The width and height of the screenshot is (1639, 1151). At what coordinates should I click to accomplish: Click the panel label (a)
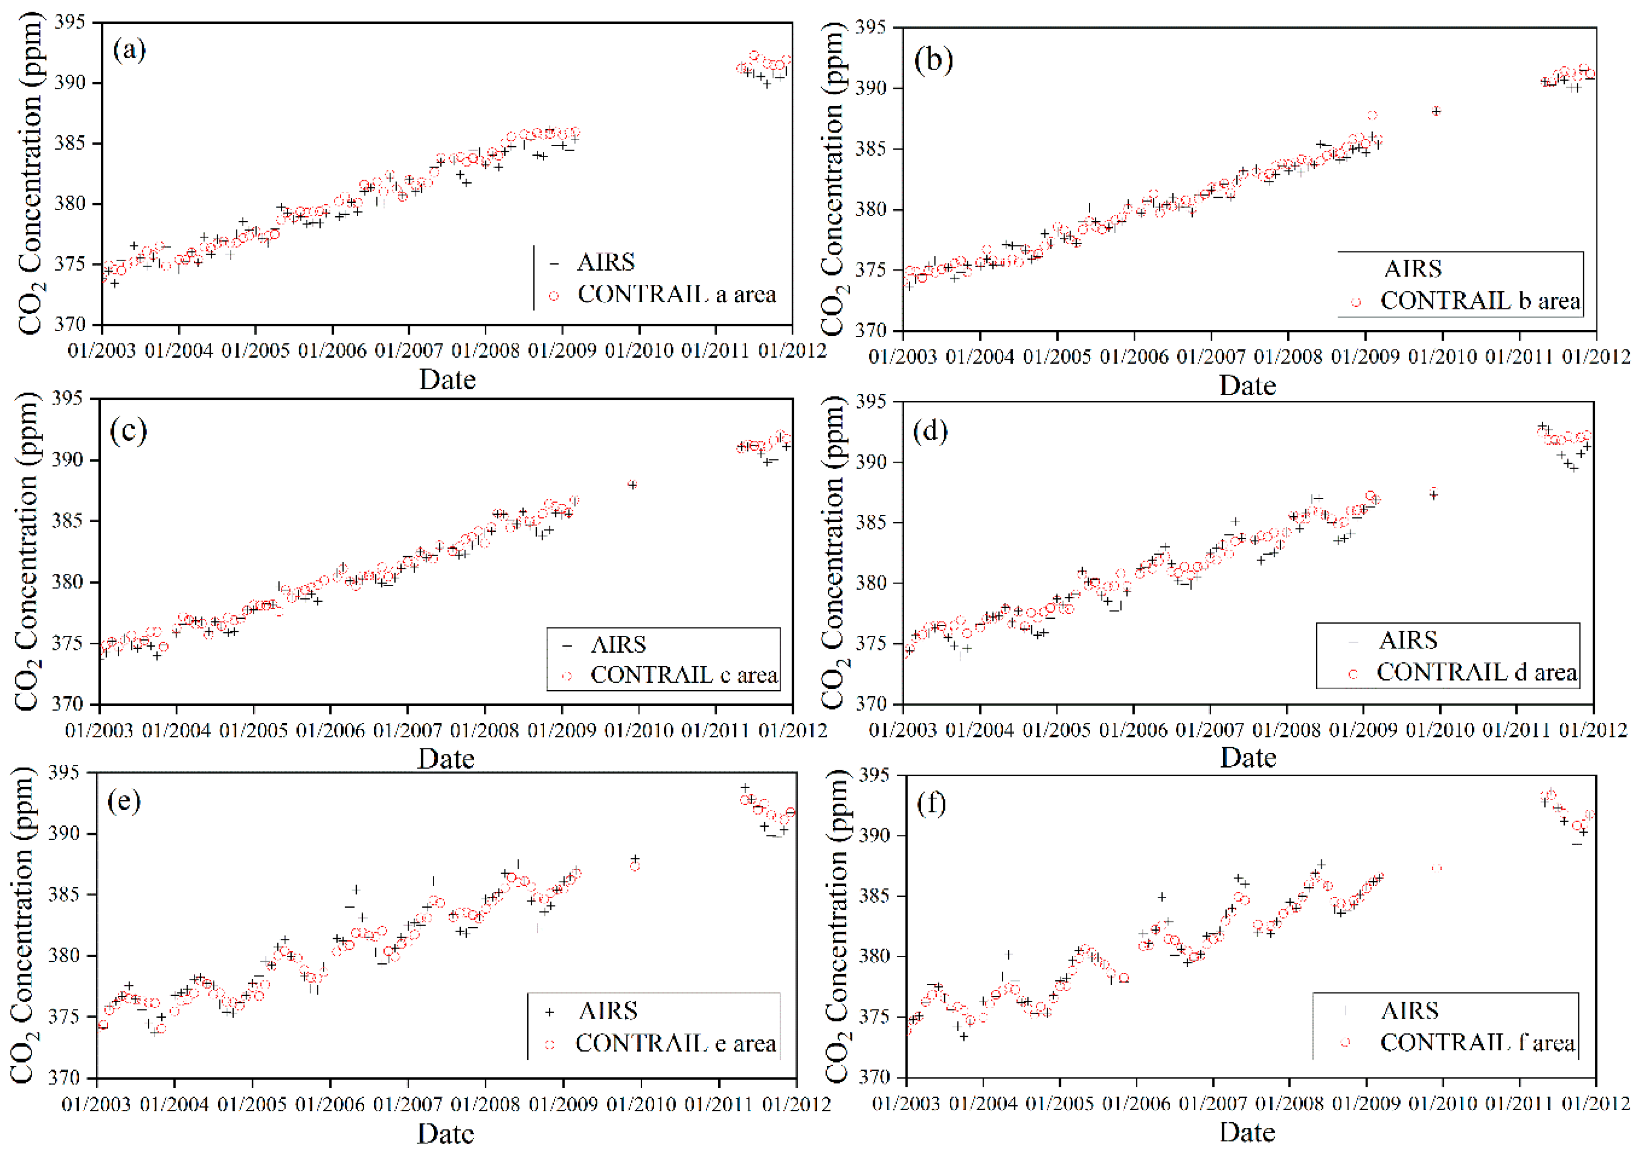(x=129, y=50)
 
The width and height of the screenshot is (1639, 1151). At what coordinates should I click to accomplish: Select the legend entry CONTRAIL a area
(x=675, y=294)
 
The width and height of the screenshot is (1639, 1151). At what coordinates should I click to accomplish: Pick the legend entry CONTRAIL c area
(x=683, y=674)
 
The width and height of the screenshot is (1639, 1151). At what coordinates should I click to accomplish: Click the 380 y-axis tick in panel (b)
(x=870, y=210)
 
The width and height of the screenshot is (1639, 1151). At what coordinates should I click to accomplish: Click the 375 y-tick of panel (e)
(x=64, y=1016)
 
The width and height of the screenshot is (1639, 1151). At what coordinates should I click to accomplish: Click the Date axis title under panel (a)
(x=447, y=380)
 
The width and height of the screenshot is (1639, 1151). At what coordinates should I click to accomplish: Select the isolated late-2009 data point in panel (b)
(x=1436, y=111)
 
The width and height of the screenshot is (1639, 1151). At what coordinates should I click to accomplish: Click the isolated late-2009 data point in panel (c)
(x=632, y=485)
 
